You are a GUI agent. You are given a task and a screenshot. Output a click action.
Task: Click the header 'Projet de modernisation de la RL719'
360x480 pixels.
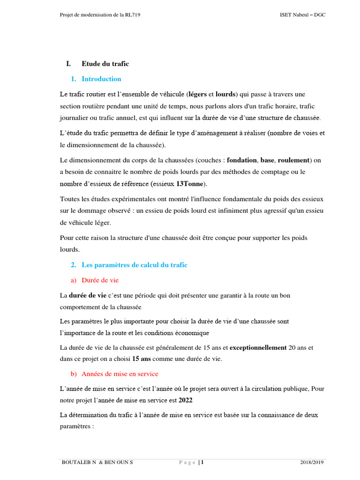coord(100,15)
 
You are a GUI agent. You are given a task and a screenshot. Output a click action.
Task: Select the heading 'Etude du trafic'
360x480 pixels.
coord(105,64)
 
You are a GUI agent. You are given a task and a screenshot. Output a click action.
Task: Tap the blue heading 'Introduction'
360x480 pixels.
coord(101,79)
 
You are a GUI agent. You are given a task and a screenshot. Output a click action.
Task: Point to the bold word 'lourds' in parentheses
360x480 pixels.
coord(225,94)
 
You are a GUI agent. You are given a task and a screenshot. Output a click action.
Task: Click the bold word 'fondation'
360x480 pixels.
coord(242,160)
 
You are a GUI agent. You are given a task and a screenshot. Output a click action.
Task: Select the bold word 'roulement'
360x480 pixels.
coord(293,160)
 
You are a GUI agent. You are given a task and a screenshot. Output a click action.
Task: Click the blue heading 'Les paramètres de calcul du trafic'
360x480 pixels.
coord(135,265)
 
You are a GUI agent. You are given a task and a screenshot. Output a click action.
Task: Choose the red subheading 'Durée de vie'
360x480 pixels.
coord(100,280)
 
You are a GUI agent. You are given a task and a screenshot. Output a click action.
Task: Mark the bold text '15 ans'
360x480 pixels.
coord(141,359)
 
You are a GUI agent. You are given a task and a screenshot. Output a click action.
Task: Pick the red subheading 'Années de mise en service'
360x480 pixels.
coord(120,374)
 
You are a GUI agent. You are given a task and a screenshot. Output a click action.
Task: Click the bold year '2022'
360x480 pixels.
coord(185,400)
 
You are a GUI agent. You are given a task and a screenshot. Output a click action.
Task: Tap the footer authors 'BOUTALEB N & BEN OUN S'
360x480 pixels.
coord(97,463)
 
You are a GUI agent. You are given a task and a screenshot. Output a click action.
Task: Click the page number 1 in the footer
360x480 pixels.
coord(202,463)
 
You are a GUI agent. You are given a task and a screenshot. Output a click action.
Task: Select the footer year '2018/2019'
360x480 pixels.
coord(312,463)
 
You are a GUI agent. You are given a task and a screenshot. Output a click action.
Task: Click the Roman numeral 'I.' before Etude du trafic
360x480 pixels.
coord(68,64)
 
